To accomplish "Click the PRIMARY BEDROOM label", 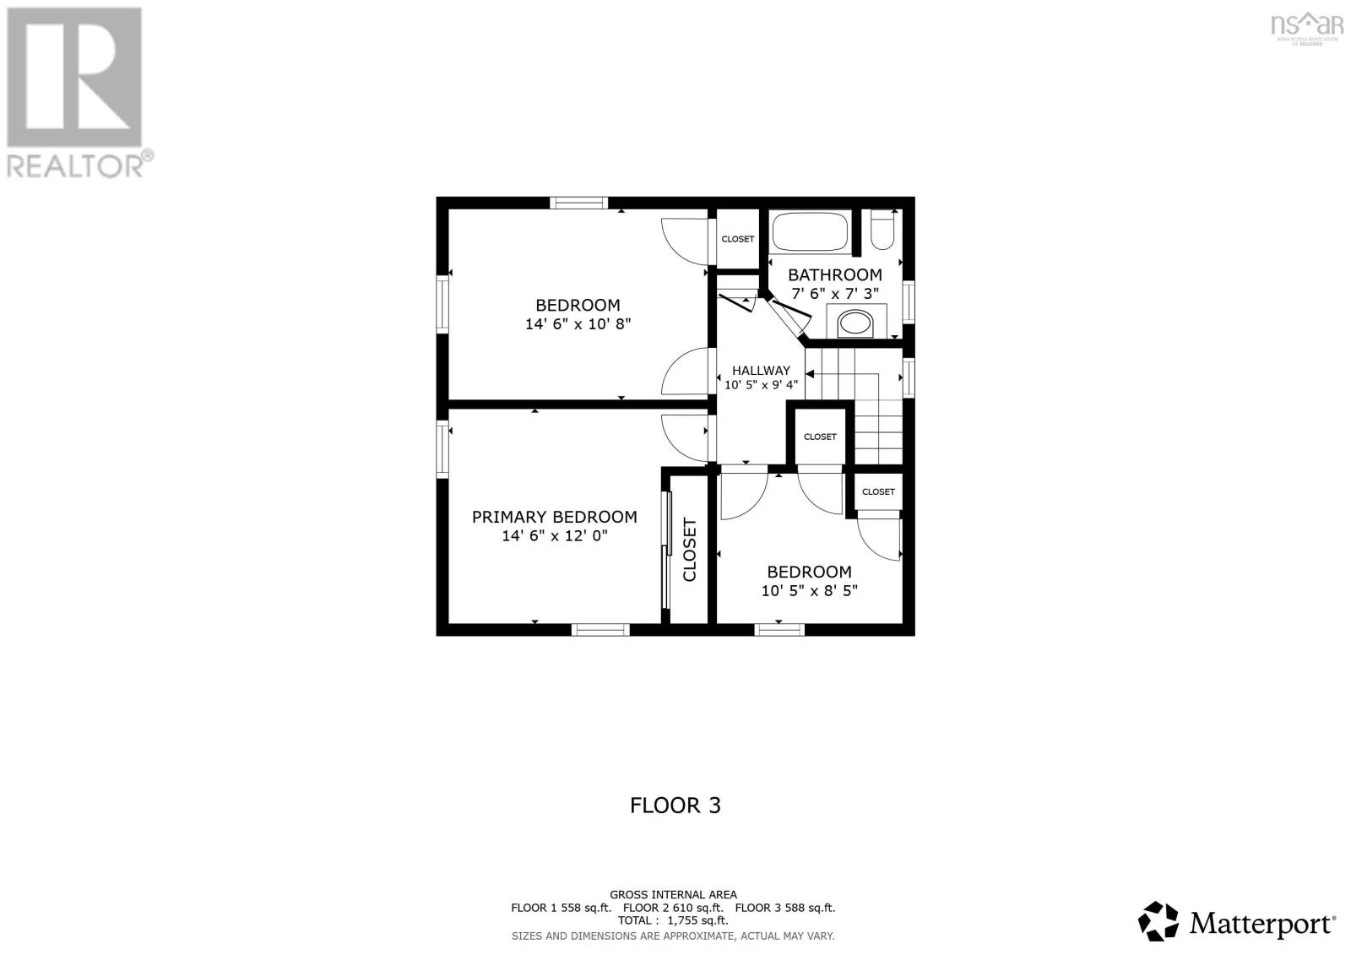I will (554, 517).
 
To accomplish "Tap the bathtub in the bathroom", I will (811, 232).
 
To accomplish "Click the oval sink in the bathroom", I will (855, 323).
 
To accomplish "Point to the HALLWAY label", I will (761, 370).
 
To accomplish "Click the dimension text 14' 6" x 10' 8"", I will (578, 323).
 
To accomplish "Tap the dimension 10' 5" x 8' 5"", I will (809, 590).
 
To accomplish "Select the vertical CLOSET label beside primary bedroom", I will (690, 550).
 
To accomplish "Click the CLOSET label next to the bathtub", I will (737, 239).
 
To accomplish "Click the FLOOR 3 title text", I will (675, 805).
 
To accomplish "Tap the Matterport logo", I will (1237, 922).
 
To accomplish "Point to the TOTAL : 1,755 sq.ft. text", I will (672, 920).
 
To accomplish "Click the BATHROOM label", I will (834, 274).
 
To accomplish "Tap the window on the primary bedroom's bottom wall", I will (600, 629).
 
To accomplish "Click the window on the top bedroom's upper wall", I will (578, 203).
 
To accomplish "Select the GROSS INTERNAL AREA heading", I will (673, 894).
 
